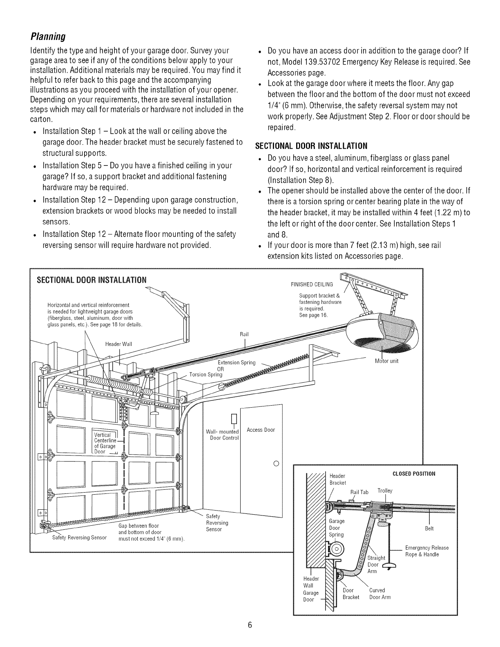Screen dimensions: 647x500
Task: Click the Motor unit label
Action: click(x=386, y=361)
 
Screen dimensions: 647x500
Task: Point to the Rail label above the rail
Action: click(x=244, y=334)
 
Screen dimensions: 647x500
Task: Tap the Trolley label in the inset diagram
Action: click(x=385, y=491)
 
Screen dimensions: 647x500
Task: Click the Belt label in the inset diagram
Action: click(x=429, y=529)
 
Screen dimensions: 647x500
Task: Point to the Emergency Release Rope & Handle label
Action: click(x=426, y=551)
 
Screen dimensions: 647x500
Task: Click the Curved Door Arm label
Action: click(x=380, y=593)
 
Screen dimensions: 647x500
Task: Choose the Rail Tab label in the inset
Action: click(x=359, y=492)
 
